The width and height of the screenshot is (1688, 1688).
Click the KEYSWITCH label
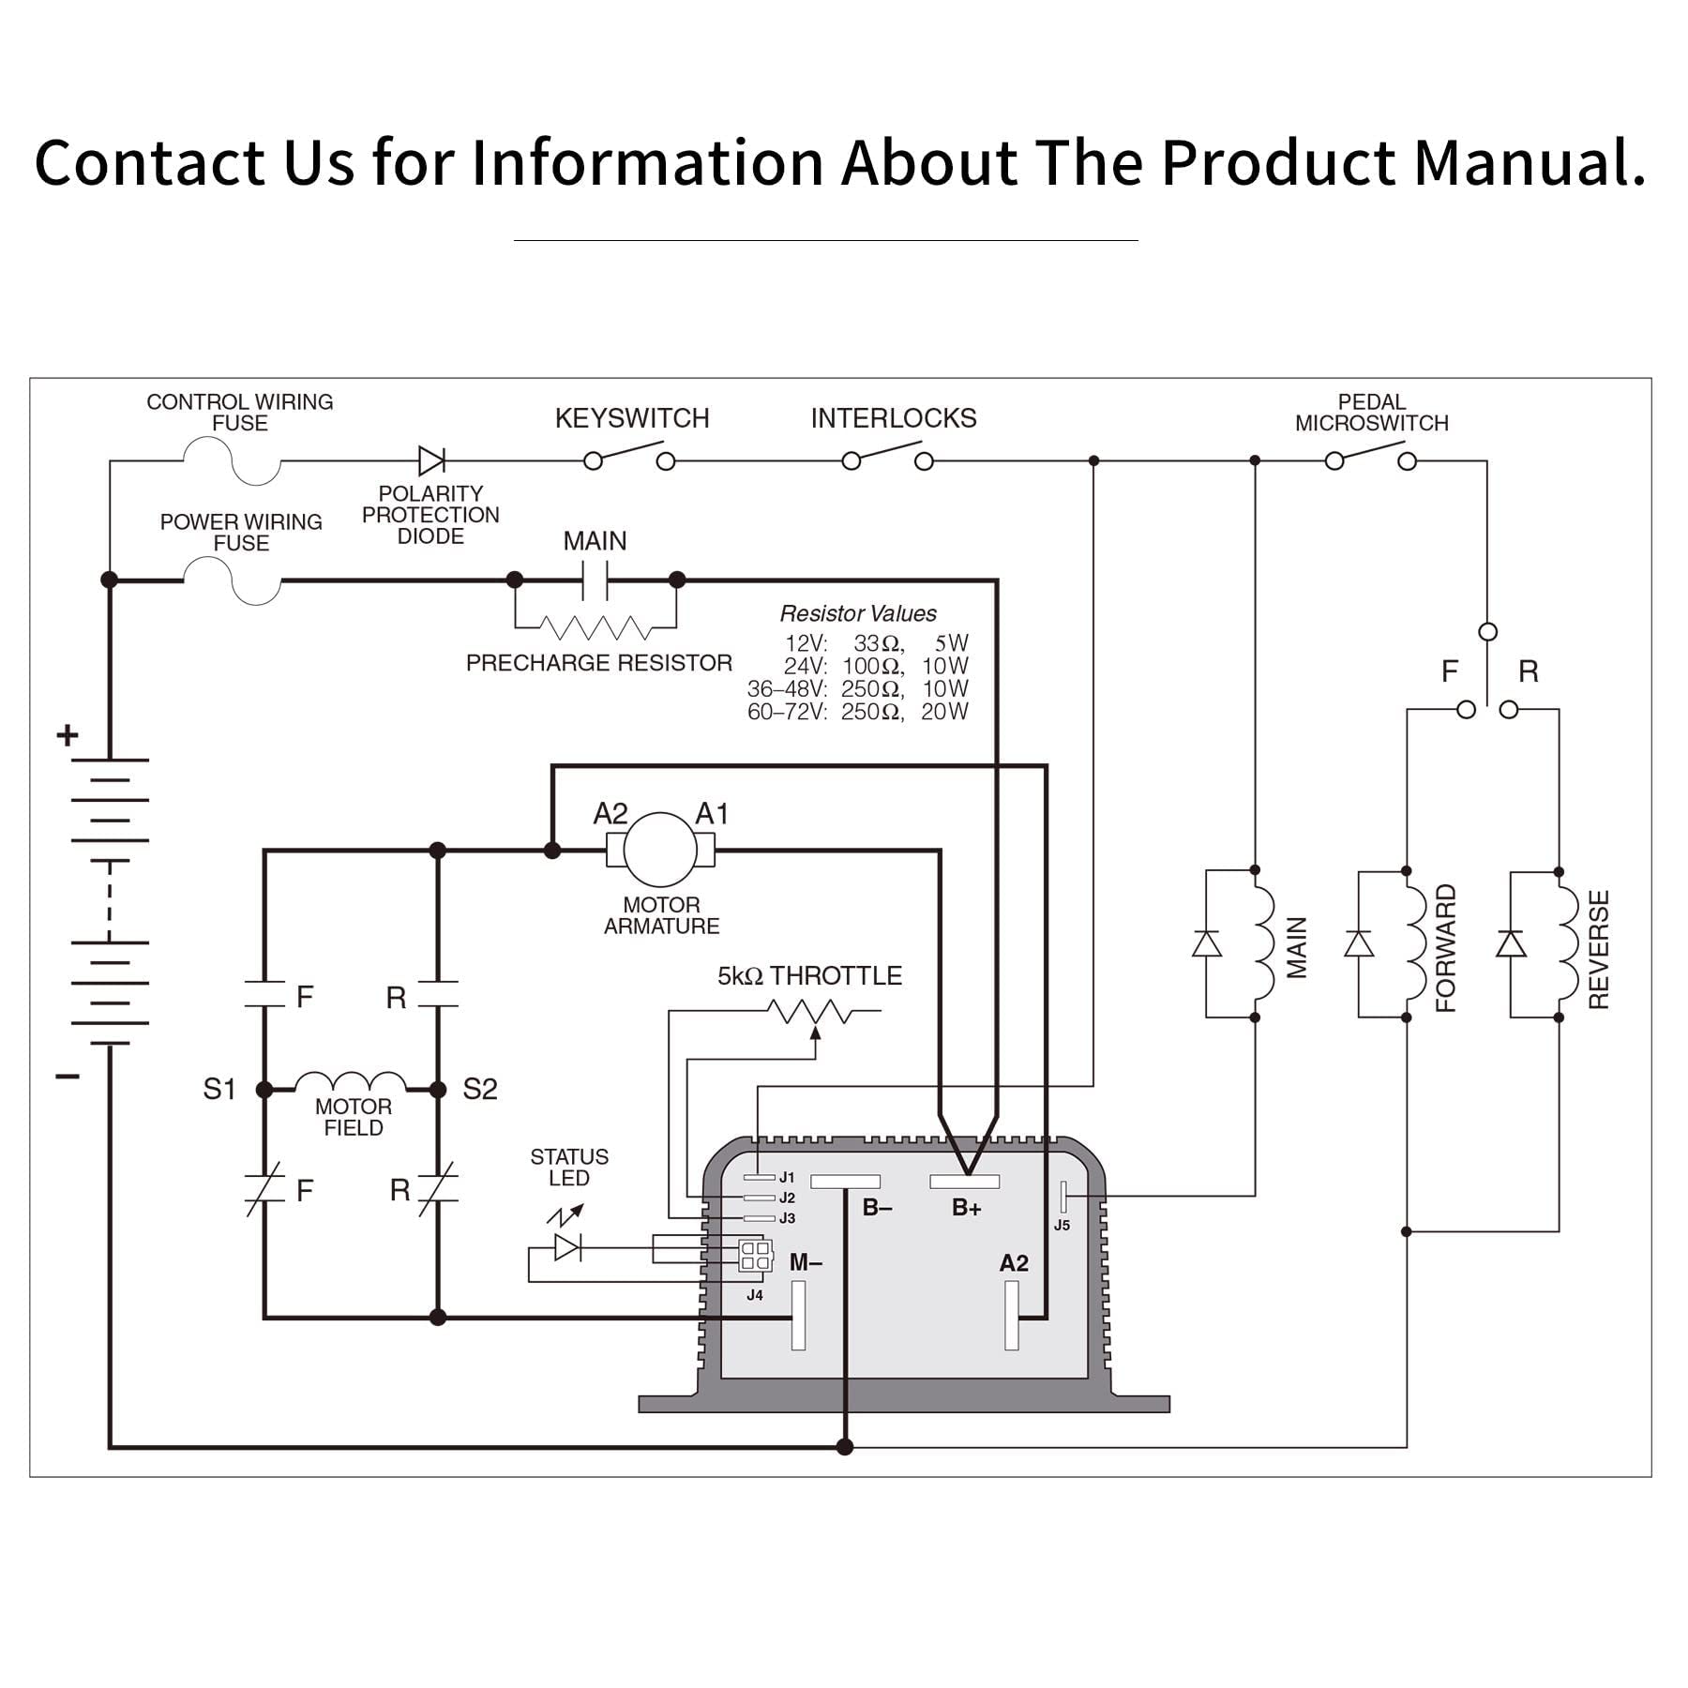pyautogui.click(x=631, y=418)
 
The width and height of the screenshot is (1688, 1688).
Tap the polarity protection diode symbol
pyautogui.click(x=431, y=460)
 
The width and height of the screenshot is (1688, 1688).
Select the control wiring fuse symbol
pyautogui.click(x=232, y=461)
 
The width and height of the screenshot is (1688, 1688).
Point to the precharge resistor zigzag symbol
pyautogui.click(x=595, y=626)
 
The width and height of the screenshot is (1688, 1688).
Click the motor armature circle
pyautogui.click(x=661, y=850)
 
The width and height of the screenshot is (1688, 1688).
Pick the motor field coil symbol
pyautogui.click(x=351, y=1081)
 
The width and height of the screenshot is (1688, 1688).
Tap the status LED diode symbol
pyautogui.click(x=567, y=1246)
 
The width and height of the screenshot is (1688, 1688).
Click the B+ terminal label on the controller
pyautogui.click(x=966, y=1208)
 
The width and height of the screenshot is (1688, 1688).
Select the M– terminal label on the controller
pyautogui.click(x=806, y=1262)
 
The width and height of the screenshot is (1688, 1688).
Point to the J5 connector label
pyautogui.click(x=1062, y=1225)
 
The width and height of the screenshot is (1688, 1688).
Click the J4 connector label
pyautogui.click(x=754, y=1295)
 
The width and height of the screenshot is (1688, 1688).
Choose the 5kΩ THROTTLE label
pyautogui.click(x=809, y=976)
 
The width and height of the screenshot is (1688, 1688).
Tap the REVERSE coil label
pyautogui.click(x=1599, y=949)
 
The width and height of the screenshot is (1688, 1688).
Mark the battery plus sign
pyautogui.click(x=67, y=734)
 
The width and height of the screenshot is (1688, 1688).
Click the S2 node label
pyautogui.click(x=479, y=1089)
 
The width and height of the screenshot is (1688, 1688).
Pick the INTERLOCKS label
pyautogui.click(x=893, y=418)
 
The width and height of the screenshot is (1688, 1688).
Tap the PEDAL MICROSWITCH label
pyautogui.click(x=1371, y=413)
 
